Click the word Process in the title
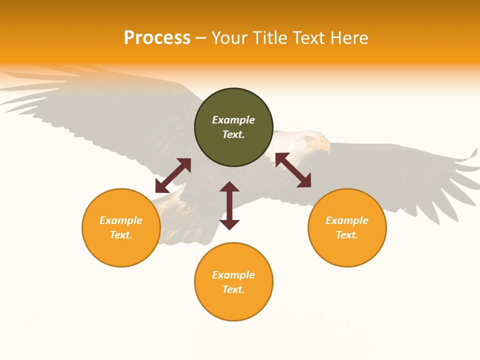(x=157, y=38)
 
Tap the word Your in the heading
(x=229, y=38)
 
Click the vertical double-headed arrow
(x=229, y=205)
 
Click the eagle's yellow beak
(x=323, y=145)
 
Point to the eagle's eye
(x=308, y=139)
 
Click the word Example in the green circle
(x=233, y=120)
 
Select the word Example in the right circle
(x=347, y=220)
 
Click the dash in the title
(x=200, y=38)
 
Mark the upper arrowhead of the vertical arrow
(x=229, y=186)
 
